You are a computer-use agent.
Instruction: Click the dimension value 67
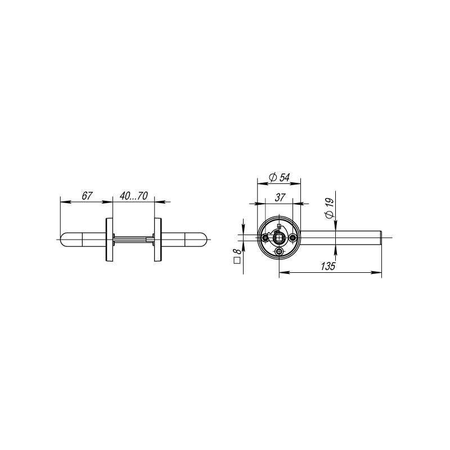87,196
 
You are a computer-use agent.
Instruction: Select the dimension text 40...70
134,196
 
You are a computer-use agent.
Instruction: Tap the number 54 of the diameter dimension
285,177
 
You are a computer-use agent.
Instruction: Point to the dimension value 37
280,197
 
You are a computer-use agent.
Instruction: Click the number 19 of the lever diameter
330,203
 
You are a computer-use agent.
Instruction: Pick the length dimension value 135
328,266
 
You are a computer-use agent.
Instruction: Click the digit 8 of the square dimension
237,251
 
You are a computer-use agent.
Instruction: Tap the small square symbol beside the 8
237,260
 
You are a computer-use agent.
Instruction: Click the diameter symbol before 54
273,177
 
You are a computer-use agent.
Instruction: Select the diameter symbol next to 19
330,215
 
